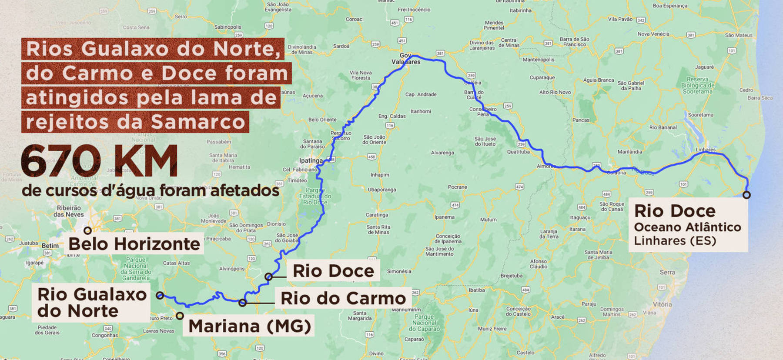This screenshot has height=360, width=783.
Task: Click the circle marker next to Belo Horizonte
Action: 88,230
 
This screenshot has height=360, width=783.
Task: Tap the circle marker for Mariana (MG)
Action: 180,316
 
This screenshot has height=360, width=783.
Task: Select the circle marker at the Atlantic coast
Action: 746,195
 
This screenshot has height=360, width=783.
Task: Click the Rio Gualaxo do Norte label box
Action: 91,303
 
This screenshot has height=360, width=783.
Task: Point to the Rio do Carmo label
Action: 343,298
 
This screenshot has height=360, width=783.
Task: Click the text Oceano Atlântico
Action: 687,227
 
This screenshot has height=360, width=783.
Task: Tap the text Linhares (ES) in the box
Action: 675,240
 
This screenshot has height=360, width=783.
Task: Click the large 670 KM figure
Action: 99,161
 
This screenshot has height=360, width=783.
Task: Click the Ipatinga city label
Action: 311,160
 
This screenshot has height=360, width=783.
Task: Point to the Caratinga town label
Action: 377,215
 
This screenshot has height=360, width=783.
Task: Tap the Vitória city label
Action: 662,304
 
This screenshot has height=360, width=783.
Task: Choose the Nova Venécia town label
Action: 653,34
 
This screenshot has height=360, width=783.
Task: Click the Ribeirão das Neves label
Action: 69,211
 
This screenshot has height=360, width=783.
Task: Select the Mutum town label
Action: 488,220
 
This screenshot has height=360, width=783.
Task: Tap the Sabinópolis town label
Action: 228,27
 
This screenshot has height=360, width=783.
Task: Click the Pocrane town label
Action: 457,187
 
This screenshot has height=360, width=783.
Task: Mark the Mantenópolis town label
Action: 539,60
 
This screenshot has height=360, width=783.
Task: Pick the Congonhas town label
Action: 104,335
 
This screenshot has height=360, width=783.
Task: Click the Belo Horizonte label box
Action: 134,244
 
